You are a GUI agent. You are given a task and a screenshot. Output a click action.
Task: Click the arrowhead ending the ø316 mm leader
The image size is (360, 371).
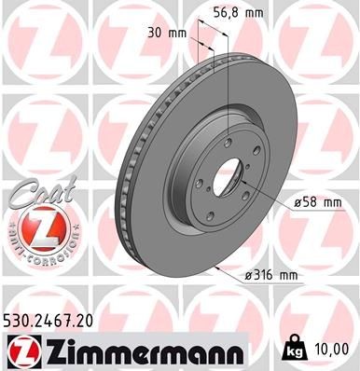(215, 268)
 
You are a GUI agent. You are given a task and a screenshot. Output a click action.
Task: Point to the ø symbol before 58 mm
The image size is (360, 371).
(297, 201)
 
